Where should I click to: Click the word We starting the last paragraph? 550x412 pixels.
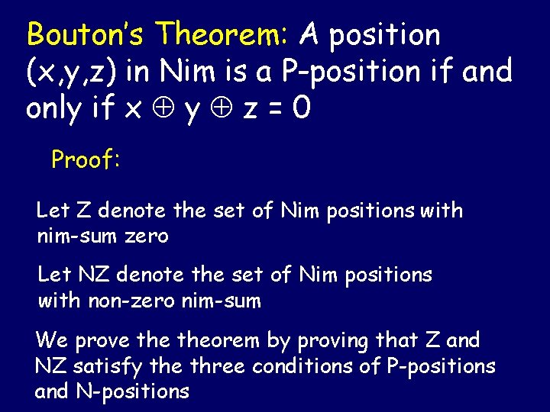51,340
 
